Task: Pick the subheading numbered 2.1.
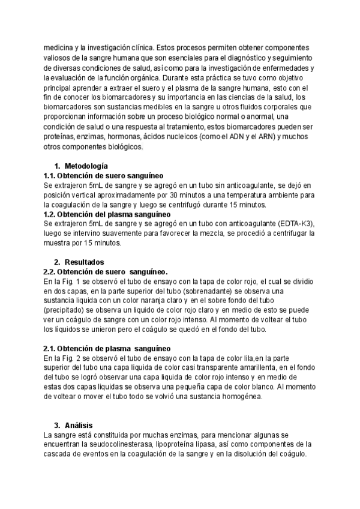point(107,348)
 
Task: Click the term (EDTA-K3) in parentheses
point(294,223)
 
